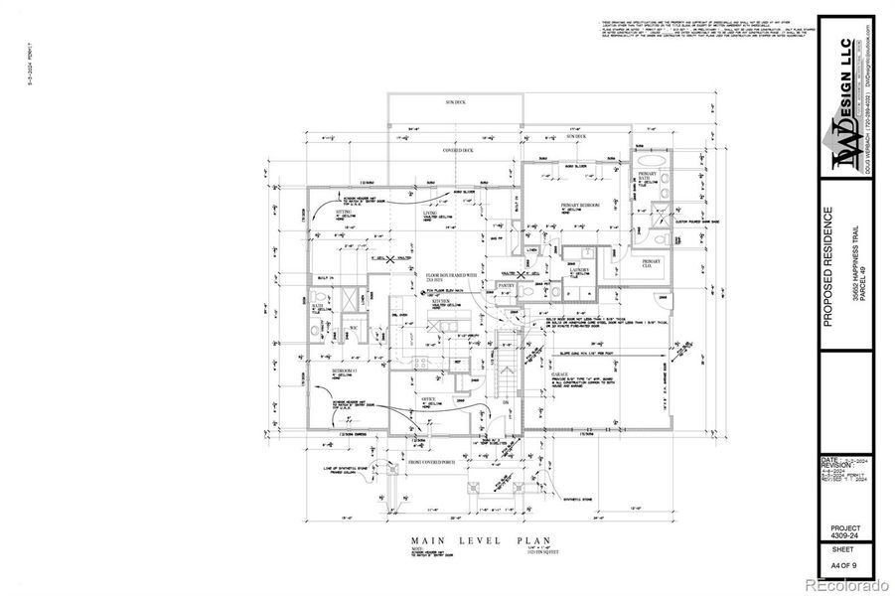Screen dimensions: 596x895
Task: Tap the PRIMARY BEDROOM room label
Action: tap(580, 205)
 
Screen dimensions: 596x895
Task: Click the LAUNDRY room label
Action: tap(580, 269)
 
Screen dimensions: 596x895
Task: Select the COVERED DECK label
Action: tap(458, 150)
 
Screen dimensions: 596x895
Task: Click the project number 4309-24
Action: tap(845, 537)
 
